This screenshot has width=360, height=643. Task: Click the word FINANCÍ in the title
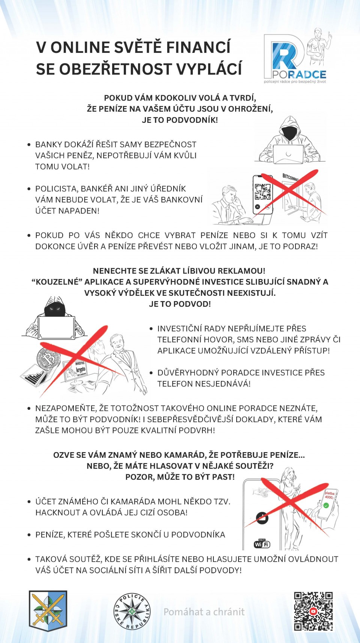click(x=198, y=48)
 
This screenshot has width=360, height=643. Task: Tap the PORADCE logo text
click(x=299, y=74)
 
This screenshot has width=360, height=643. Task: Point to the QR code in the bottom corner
click(x=313, y=612)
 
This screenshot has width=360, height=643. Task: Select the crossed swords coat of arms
click(x=48, y=611)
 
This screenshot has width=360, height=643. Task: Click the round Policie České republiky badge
click(x=132, y=612)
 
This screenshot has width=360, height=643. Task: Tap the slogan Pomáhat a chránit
click(x=204, y=612)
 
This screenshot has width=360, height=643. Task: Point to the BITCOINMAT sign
click(x=291, y=177)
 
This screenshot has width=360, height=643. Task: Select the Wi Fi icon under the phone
click(x=262, y=544)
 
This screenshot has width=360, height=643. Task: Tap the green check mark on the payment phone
click(x=326, y=505)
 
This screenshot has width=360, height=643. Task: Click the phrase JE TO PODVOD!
click(x=180, y=304)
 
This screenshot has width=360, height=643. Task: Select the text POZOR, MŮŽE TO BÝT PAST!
click(x=180, y=477)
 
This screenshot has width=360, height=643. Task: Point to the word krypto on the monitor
click(x=81, y=370)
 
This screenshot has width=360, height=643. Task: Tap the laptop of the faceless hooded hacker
click(x=288, y=154)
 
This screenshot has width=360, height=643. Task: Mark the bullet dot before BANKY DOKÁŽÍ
click(x=29, y=145)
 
